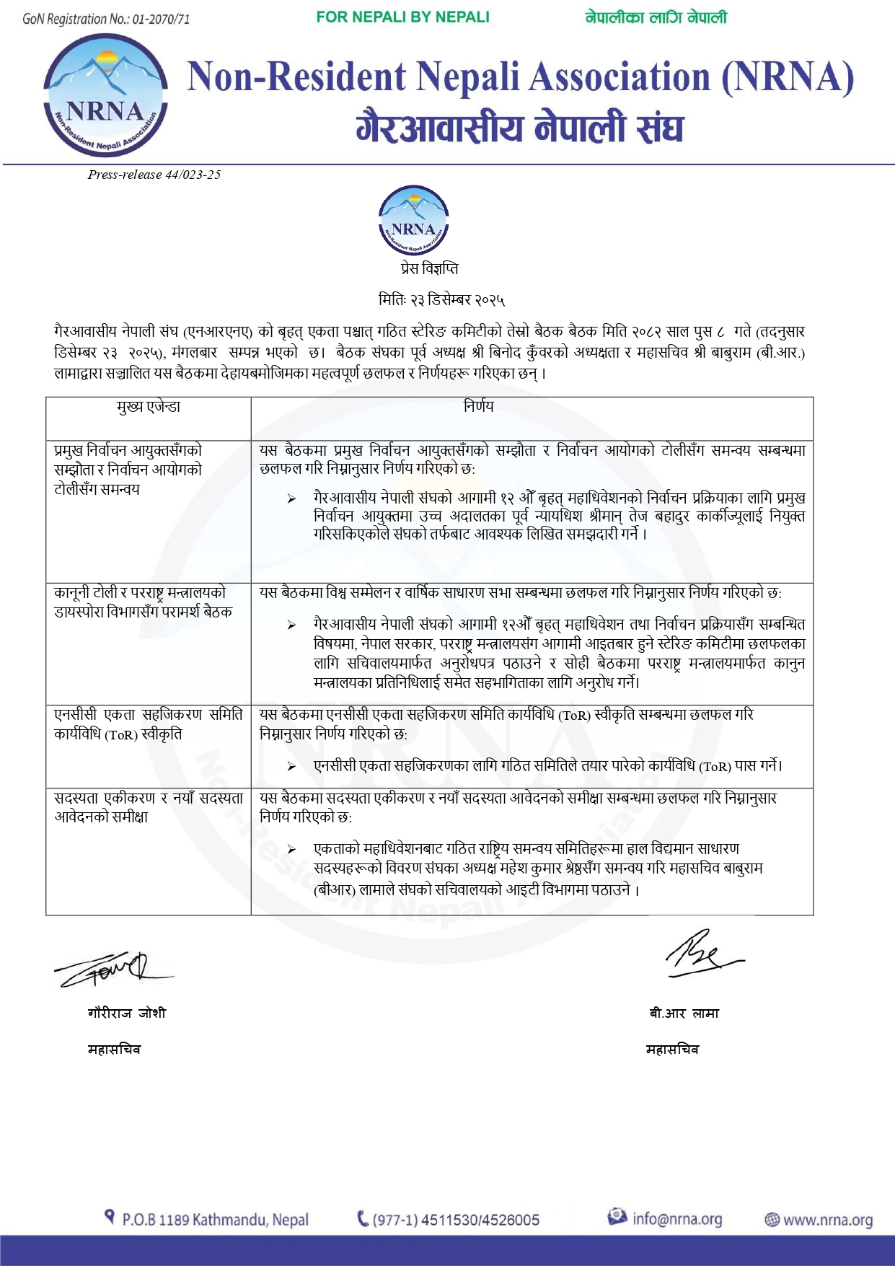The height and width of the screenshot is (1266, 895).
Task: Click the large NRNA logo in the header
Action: click(x=106, y=94)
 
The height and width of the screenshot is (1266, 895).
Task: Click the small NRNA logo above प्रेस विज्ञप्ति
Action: click(x=413, y=221)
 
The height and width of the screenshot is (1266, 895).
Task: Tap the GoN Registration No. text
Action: click(x=106, y=19)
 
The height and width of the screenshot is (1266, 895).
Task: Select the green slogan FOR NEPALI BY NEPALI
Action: click(x=402, y=17)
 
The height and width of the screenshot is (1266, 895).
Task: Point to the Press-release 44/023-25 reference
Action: click(x=154, y=175)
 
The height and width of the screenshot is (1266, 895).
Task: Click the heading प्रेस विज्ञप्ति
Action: click(x=429, y=269)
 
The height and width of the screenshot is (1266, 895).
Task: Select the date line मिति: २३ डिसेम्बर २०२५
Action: click(x=441, y=299)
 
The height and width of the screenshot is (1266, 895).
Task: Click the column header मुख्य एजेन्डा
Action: click(x=149, y=407)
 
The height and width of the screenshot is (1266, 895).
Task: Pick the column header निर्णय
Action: click(x=479, y=407)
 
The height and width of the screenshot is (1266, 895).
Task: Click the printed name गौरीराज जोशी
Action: click(x=127, y=1014)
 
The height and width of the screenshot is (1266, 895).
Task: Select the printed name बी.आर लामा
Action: click(x=684, y=1014)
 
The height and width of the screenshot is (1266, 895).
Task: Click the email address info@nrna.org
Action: click(x=676, y=1218)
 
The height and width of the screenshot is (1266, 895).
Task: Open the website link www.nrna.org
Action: click(x=827, y=1220)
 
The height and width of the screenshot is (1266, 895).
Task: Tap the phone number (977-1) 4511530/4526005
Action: click(x=456, y=1220)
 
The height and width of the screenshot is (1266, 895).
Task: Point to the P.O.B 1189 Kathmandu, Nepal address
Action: click(x=215, y=1220)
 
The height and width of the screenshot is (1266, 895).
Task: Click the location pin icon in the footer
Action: click(x=110, y=1218)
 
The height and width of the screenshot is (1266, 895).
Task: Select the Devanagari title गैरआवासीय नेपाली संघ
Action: click(x=519, y=128)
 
